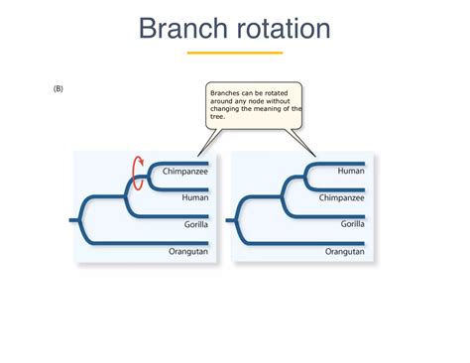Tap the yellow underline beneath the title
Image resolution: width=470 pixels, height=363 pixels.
click(235, 53)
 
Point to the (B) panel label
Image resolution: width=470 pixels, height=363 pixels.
click(59, 88)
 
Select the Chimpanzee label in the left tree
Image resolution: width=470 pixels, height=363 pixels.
click(185, 171)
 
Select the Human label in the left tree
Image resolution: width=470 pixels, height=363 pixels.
click(194, 197)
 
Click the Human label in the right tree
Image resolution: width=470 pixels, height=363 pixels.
click(351, 171)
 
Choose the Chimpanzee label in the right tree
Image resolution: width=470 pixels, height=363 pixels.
click(342, 197)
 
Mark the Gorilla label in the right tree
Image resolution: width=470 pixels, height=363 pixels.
click(350, 224)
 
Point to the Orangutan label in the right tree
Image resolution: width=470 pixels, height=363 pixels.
click(344, 252)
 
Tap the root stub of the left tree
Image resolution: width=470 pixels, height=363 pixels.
click(74, 219)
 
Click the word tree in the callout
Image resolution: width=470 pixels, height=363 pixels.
click(217, 116)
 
